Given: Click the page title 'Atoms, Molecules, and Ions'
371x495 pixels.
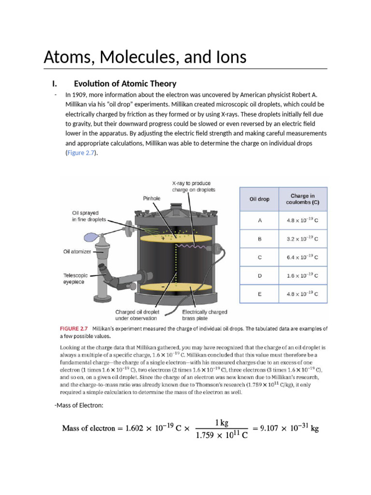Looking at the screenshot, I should point(145,57).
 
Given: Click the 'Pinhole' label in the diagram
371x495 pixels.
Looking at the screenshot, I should point(151,198).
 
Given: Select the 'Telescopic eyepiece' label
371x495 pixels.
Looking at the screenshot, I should point(76,278).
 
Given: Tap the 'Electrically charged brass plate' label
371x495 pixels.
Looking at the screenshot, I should point(204,315).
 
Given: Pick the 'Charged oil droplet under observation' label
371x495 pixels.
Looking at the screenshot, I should point(137,315).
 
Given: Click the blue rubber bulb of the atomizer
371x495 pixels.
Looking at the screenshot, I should point(91,237).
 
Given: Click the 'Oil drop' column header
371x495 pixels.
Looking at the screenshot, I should point(259,199).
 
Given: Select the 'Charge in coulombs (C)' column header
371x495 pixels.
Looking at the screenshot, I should point(302,199).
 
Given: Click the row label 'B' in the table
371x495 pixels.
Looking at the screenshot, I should point(260,239).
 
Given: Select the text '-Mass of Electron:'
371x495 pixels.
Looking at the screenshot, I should point(79,405).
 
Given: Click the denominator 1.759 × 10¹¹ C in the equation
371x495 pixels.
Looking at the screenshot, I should point(222,436).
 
